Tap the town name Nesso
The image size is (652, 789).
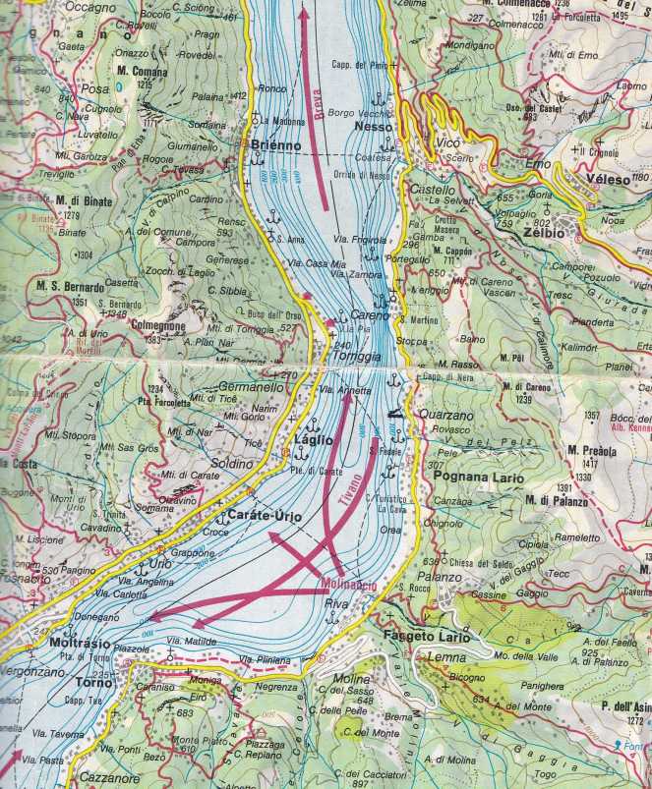coord(374,128)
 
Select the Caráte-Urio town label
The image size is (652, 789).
coord(263,516)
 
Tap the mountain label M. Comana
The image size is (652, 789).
coord(142,73)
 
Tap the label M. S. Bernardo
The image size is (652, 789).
coord(70,288)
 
